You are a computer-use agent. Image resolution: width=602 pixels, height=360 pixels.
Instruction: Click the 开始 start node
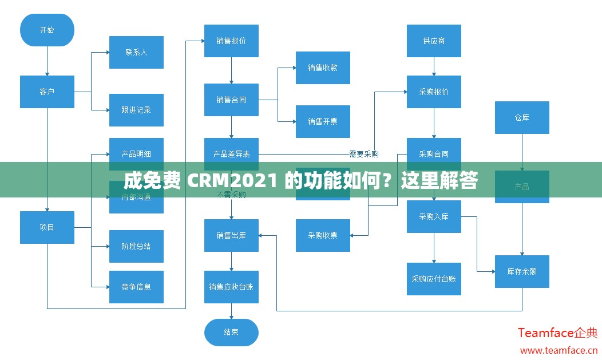coord(47,30)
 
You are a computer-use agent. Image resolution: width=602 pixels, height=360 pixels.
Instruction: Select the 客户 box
coord(47,92)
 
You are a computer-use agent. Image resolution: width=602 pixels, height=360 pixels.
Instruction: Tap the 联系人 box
coord(136,52)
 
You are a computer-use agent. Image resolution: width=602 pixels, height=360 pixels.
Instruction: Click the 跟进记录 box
coord(136,110)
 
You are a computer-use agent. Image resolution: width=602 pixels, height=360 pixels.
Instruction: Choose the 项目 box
coord(47,227)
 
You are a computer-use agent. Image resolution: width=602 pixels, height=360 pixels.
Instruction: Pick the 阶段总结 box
coord(136,246)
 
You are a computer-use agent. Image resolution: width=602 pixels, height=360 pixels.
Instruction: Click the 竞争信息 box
coord(136,287)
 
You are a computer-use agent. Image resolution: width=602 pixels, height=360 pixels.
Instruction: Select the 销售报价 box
coord(231,41)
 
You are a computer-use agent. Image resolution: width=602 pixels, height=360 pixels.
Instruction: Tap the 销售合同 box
coord(231,100)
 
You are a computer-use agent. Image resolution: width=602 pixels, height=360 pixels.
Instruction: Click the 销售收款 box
coord(323,68)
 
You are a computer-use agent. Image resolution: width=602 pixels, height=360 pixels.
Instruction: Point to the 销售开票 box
coord(323,121)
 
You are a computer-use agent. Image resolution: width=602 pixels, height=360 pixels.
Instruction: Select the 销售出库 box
coord(231,235)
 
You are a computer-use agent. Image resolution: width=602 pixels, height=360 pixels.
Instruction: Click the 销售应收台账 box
coord(231,287)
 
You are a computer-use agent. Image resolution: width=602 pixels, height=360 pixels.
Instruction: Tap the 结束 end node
coord(231,332)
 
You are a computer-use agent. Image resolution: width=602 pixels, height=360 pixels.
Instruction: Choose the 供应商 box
coord(434,41)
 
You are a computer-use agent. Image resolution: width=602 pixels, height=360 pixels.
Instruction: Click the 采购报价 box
coord(434,92)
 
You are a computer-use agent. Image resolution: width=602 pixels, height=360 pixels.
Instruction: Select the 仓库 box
coord(522,117)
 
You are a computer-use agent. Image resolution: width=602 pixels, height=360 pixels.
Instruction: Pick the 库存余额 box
coord(522,271)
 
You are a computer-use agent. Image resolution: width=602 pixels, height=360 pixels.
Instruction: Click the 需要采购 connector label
coord(364,154)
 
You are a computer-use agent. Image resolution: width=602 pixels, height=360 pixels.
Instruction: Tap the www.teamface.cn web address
coord(559,350)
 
